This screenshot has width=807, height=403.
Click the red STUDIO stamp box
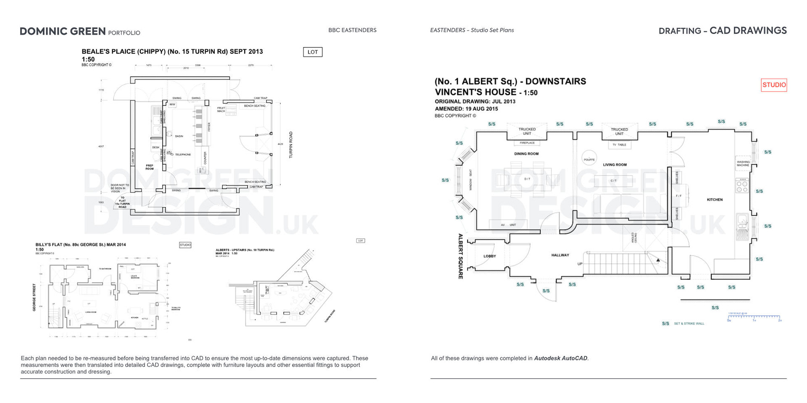[x=774, y=85]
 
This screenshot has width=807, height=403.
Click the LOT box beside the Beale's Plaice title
[x=313, y=52]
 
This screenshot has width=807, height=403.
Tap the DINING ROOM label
[x=526, y=154]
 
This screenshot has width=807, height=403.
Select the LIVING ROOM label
[x=614, y=165]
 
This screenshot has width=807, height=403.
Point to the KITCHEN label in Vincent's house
[x=715, y=199]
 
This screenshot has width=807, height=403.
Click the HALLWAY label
[x=560, y=255]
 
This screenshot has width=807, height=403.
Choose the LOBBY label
[x=490, y=256]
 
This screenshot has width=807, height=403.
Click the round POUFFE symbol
[x=589, y=159]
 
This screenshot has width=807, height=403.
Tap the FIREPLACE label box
[x=527, y=143]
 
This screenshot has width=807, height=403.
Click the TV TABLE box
[x=619, y=145]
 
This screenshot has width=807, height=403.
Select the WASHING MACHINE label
[x=743, y=163]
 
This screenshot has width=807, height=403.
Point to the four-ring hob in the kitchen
[x=742, y=186]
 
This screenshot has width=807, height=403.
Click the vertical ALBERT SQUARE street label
[x=461, y=256]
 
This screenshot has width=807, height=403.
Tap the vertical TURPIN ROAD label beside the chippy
[x=290, y=145]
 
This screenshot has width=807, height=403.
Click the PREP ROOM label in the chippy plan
[x=150, y=167]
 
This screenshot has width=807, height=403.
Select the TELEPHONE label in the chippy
[x=183, y=154]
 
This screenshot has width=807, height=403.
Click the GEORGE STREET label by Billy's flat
[x=34, y=297]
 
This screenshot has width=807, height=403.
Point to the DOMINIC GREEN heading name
[x=63, y=31]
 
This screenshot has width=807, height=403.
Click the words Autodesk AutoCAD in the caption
[x=561, y=358]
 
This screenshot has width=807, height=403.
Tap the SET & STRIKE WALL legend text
[x=689, y=324]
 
